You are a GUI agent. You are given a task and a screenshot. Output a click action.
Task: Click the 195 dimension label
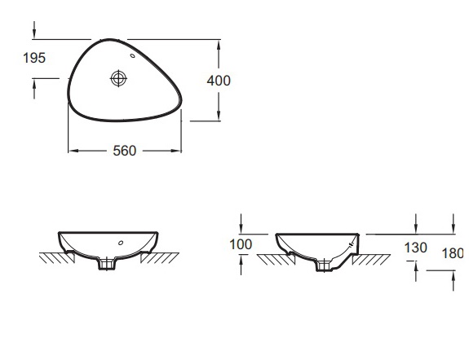(x=34, y=58)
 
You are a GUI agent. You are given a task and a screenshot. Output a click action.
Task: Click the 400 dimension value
(x=219, y=81)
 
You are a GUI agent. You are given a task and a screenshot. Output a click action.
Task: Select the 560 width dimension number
(x=125, y=151)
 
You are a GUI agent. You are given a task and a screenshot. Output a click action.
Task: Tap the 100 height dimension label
(x=241, y=244)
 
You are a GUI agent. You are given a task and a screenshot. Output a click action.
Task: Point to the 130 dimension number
(x=415, y=248)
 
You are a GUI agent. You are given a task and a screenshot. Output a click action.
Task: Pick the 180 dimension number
(x=453, y=253)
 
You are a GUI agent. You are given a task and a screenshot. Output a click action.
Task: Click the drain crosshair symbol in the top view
(x=119, y=78)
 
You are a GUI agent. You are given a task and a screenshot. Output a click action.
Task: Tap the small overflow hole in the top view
(x=132, y=55)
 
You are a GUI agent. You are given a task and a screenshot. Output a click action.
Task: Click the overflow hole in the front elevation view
(x=121, y=243)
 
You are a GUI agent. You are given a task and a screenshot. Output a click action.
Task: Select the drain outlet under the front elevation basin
(x=107, y=265)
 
